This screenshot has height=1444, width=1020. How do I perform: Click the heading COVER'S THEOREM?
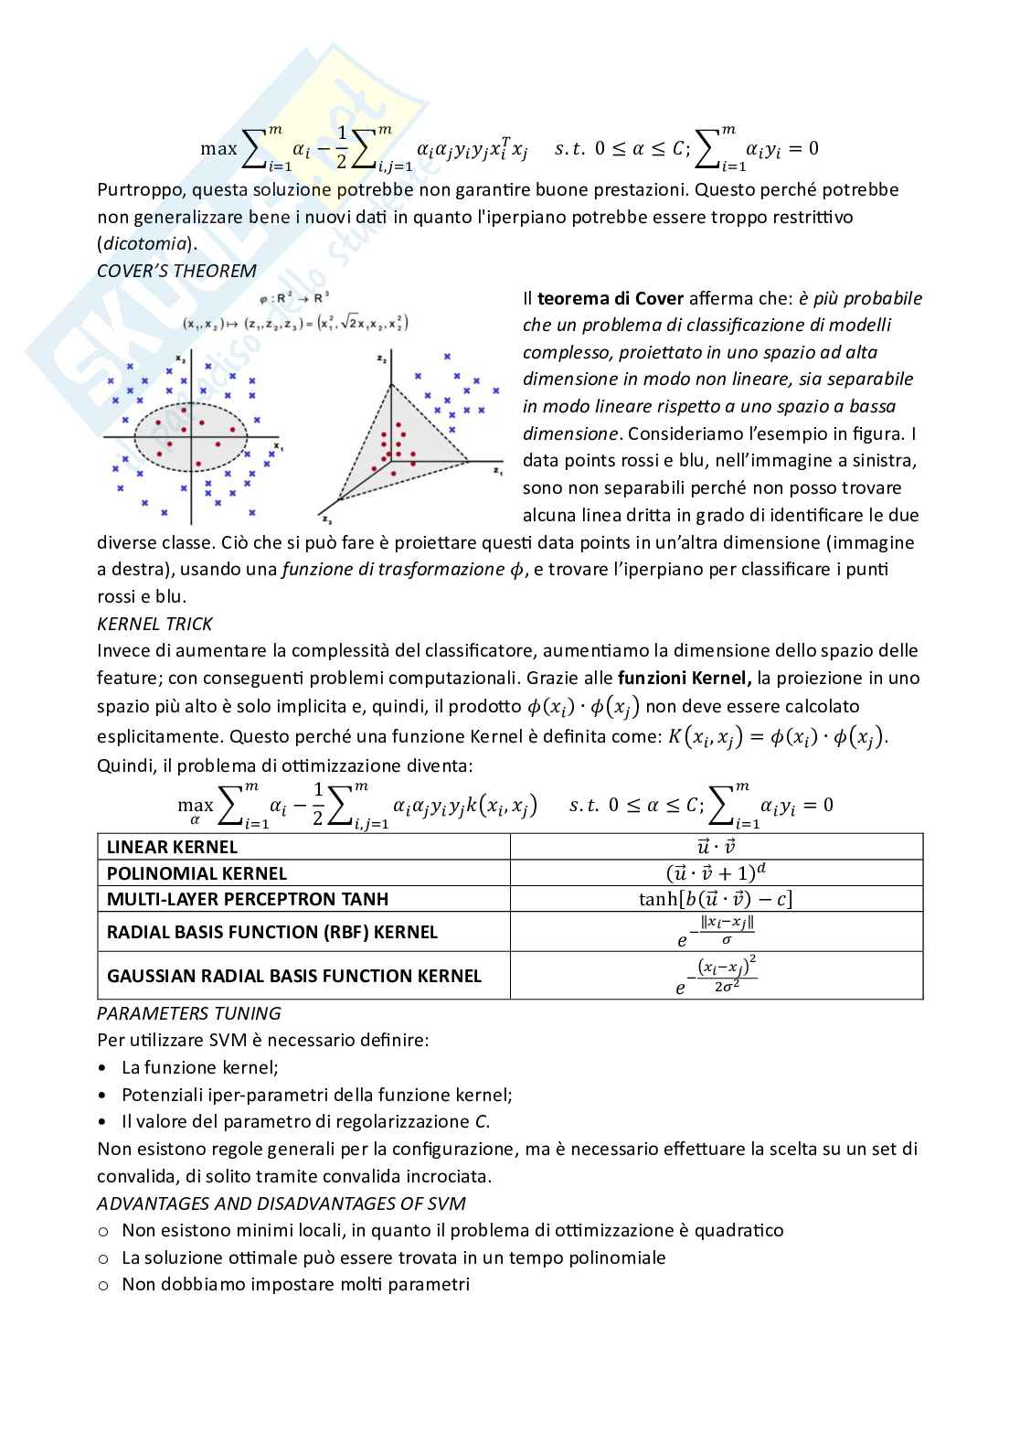176,271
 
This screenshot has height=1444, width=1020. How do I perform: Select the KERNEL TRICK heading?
154,624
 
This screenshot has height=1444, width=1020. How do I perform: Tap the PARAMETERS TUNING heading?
188,1013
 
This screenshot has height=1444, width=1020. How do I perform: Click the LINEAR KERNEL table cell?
172,847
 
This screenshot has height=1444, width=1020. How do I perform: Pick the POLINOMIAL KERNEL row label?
197,873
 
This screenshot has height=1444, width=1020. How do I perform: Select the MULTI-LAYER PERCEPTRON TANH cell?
248,899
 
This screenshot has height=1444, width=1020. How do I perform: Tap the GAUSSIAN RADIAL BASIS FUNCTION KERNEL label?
293,976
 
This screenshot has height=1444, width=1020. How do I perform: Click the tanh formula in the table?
716,899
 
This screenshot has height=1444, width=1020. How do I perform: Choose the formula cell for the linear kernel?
716,847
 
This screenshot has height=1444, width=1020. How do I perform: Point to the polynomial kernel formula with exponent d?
716,872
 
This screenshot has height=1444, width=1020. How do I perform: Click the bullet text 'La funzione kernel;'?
200,1067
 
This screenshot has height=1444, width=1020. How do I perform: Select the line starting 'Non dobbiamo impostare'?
295,1284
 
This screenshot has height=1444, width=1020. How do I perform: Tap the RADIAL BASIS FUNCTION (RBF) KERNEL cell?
272,932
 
